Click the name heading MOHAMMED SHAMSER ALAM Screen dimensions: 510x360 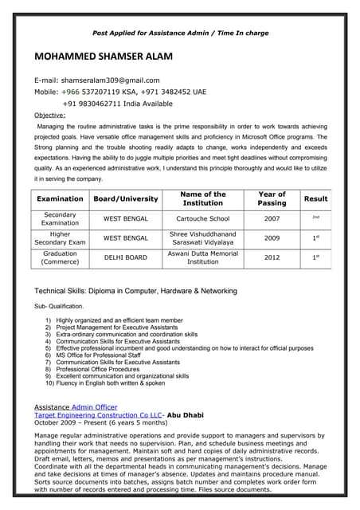[103, 57]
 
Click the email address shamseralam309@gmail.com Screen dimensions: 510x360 [109, 80]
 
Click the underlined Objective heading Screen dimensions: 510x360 [49, 115]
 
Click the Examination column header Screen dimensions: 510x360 [61, 198]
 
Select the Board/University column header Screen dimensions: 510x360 [126, 198]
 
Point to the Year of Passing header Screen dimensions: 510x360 [272, 198]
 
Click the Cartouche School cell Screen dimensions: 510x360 [203, 218]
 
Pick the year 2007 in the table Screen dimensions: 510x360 [272, 218]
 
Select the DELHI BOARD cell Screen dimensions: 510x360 [126, 257]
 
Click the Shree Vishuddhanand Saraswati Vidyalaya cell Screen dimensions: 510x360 [203, 237]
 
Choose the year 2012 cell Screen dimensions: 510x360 [272, 257]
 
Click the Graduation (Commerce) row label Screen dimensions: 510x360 [61, 257]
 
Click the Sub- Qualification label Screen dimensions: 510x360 [58, 306]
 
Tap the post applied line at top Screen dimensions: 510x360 [181, 33]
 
